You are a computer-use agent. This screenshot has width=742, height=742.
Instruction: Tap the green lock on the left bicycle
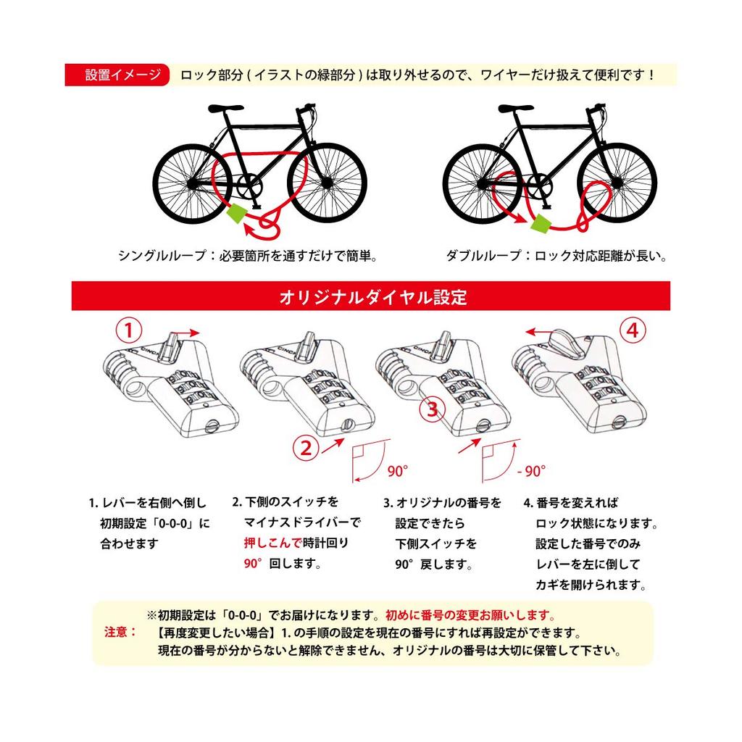click(237, 214)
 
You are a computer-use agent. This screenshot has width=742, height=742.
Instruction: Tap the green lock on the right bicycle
click(541, 224)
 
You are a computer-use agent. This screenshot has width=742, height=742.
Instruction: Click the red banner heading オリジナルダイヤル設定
click(370, 297)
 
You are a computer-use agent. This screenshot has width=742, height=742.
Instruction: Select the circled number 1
click(128, 331)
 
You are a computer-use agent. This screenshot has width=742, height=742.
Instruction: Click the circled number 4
click(632, 331)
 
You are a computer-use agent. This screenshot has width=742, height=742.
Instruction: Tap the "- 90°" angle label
click(531, 471)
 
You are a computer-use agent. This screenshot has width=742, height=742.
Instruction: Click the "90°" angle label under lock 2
click(397, 471)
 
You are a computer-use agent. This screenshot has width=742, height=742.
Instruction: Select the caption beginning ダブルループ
click(556, 256)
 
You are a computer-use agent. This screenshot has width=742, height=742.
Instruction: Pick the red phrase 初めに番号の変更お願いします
click(470, 615)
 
